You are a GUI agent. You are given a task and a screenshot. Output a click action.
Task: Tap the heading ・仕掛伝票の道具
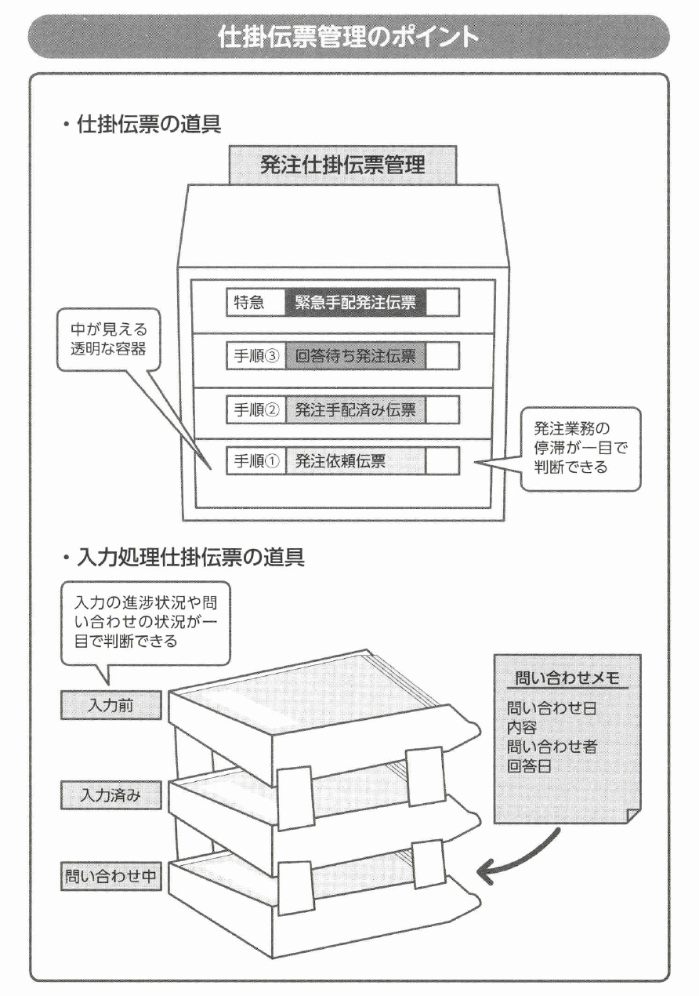[x=141, y=125]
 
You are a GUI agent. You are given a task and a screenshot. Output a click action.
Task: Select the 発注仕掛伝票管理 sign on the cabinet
[x=342, y=165]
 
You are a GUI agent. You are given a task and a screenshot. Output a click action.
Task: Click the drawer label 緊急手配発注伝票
[x=355, y=303]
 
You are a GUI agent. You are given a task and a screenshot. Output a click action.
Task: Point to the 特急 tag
[x=249, y=303]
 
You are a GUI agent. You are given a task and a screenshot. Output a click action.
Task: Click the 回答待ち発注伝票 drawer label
[x=355, y=356]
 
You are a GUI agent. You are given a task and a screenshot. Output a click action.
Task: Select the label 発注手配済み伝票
[x=355, y=409]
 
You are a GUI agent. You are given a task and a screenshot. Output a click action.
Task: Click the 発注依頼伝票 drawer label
[x=341, y=461]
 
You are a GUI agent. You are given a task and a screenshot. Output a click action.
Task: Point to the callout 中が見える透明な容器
[x=103, y=340]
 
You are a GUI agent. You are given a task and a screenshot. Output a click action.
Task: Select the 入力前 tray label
[x=110, y=705]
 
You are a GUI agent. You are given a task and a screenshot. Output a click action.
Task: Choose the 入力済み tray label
[x=110, y=795]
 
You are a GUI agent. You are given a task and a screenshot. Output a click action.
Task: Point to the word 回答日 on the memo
[x=529, y=766]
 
